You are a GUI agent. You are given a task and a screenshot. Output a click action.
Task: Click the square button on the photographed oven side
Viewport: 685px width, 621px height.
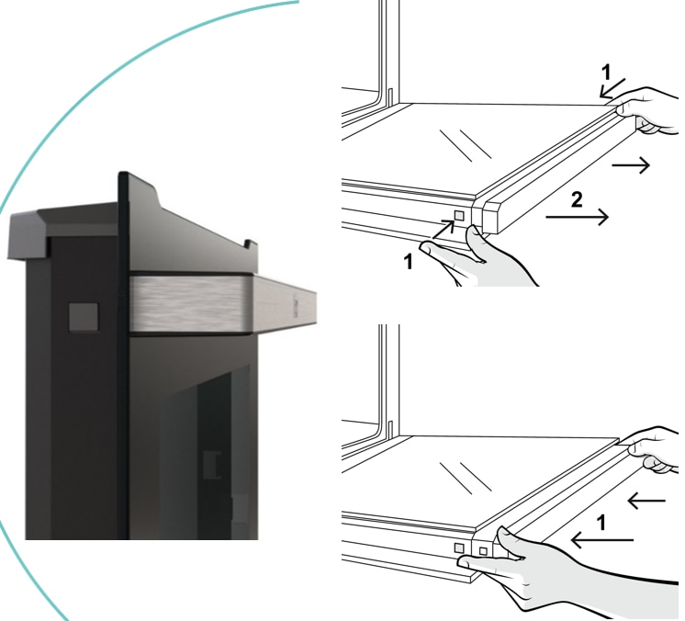coord(84,317)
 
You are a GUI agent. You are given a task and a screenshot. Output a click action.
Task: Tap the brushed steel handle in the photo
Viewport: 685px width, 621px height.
coord(223,305)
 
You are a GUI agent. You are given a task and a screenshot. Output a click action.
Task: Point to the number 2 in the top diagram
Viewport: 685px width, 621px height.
coord(577,200)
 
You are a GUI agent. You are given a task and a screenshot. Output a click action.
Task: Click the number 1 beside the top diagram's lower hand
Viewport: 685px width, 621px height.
coord(408,262)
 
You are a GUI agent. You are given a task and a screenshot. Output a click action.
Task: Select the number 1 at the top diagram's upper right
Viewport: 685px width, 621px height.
coord(605,73)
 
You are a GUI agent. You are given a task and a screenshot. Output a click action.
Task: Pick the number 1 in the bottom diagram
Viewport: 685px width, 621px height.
coord(601,523)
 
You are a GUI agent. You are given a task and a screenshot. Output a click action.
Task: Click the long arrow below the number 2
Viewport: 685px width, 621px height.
coord(577,217)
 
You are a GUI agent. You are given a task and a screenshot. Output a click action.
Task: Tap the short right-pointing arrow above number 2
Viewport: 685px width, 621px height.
coord(631,164)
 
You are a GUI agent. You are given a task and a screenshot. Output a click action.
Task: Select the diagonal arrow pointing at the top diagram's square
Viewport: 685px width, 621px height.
coord(443,230)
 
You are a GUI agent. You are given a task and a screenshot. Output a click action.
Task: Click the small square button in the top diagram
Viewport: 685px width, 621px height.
coord(459,216)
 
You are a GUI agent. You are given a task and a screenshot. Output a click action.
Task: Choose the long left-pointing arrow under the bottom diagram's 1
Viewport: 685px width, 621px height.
coord(602,540)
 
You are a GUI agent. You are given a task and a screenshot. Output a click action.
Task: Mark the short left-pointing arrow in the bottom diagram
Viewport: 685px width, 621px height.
coord(646,501)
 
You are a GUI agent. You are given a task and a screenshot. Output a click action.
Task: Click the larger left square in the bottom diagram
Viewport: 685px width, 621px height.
coord(459,548)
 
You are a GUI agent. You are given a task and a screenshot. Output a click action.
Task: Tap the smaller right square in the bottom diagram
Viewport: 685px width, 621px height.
coord(483,551)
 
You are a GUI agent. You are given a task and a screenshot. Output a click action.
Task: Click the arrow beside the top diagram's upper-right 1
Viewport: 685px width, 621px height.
coord(612,88)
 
